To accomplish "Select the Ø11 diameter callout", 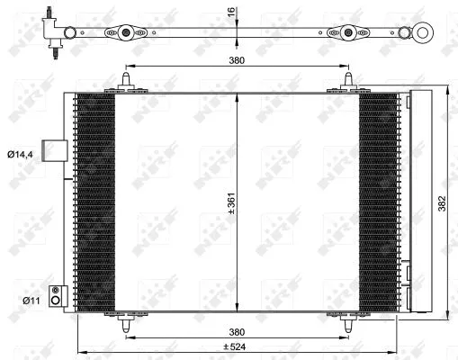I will pyautogui.click(x=19, y=298).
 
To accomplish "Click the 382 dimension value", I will pyautogui.click(x=442, y=204).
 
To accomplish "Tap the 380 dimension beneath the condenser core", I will pyautogui.click(x=236, y=328).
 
